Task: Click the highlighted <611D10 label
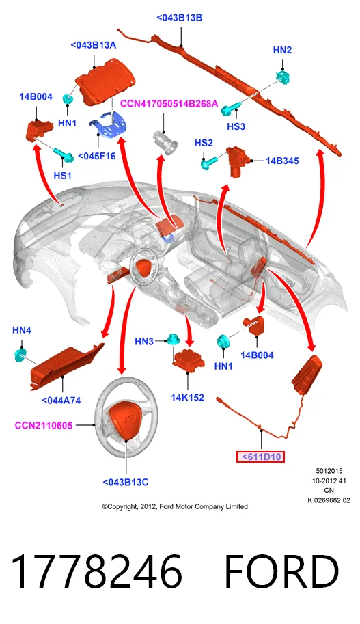point(260,457)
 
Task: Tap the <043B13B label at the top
point(180,18)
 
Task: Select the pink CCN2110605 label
point(44,425)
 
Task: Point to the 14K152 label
point(187,397)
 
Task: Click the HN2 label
point(282,50)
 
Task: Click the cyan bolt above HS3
point(231,107)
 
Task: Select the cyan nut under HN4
point(20,355)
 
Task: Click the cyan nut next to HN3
point(172,340)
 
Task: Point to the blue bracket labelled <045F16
point(107,124)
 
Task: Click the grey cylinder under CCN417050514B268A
point(166,142)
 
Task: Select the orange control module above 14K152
point(188,361)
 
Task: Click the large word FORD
point(281,571)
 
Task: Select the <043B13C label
point(125,483)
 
